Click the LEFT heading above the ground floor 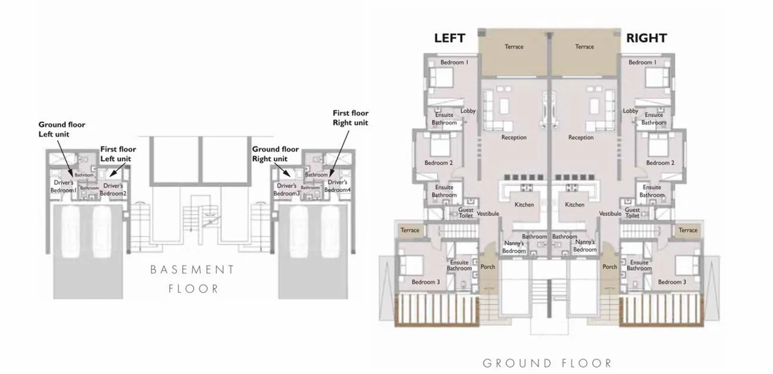click(450, 38)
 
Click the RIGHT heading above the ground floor click(646, 38)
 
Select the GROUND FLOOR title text click(547, 363)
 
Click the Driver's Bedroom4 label click(338, 187)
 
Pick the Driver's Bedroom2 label click(113, 190)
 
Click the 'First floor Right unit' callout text click(351, 118)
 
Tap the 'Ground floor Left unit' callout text click(62, 130)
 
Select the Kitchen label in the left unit click(524, 205)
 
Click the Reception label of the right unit click(581, 138)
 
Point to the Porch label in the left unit click(488, 267)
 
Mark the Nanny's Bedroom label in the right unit click(585, 246)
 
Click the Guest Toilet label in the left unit click(466, 213)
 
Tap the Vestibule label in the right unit click(610, 213)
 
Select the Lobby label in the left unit click(468, 111)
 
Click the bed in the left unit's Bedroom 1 click(441, 78)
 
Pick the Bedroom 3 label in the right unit click(672, 282)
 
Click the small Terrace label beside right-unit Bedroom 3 click(688, 230)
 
